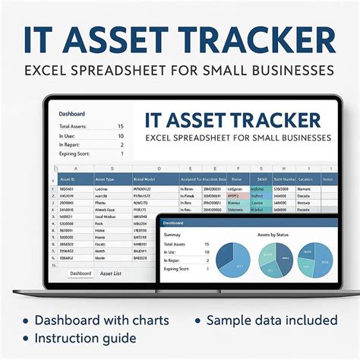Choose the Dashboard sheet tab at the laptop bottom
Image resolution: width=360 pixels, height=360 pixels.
click(81, 273)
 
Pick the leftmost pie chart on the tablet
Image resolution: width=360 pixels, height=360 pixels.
click(234, 260)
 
